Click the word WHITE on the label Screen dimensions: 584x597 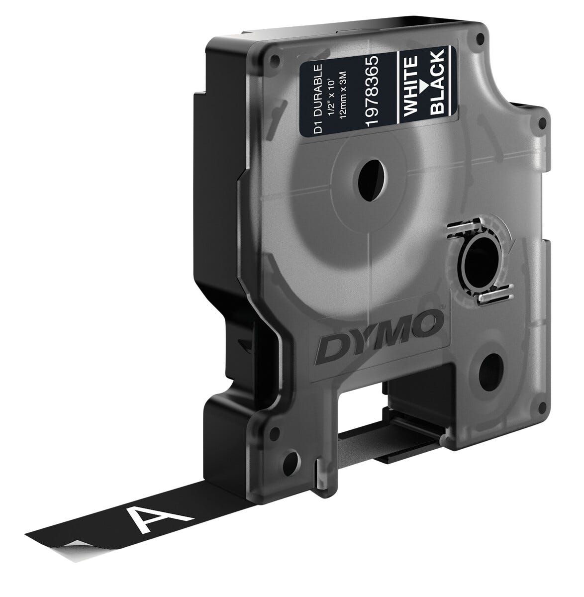[x=410, y=86]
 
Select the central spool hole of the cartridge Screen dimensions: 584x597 [x=372, y=180]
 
